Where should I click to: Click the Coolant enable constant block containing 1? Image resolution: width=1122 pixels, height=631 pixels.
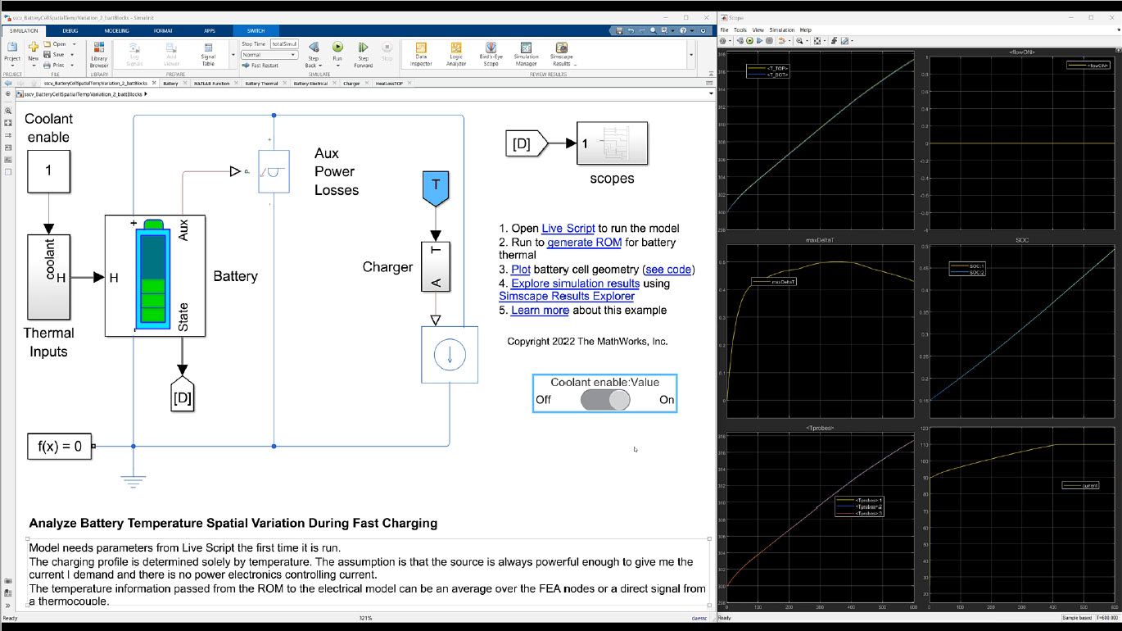48,170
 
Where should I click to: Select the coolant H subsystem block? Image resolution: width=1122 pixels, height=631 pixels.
48,276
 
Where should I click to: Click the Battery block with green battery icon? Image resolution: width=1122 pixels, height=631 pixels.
155,275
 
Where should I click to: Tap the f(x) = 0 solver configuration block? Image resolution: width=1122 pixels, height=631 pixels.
60,447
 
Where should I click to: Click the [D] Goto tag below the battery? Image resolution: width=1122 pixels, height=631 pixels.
182,397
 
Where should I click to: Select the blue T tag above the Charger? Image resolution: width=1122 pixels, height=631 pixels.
436,186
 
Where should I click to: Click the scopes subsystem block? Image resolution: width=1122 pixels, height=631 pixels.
611,143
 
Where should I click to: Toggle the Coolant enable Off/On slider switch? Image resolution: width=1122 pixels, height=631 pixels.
605,400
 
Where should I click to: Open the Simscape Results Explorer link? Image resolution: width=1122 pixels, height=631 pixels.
566,296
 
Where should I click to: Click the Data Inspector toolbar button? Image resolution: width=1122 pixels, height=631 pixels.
421,54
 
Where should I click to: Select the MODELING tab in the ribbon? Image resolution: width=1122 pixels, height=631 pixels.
116,30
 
